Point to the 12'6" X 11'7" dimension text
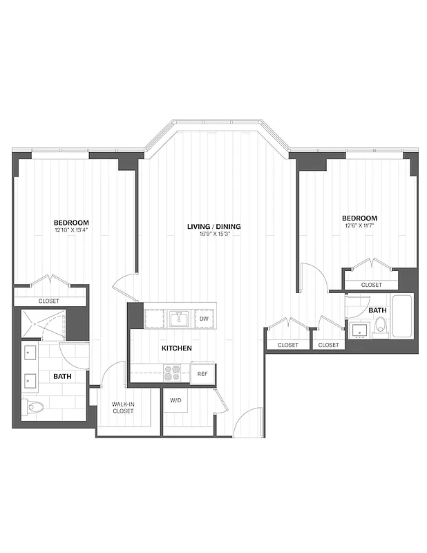[363, 225]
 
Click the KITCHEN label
[177, 348]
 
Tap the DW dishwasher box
[204, 319]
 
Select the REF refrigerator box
[202, 373]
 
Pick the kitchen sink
[179, 319]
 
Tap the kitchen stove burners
[172, 373]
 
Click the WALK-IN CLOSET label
[124, 407]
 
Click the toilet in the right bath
[379, 330]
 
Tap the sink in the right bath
[359, 330]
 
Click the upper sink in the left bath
[29, 353]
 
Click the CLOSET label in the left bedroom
[48, 301]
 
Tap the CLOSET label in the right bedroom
[371, 285]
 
